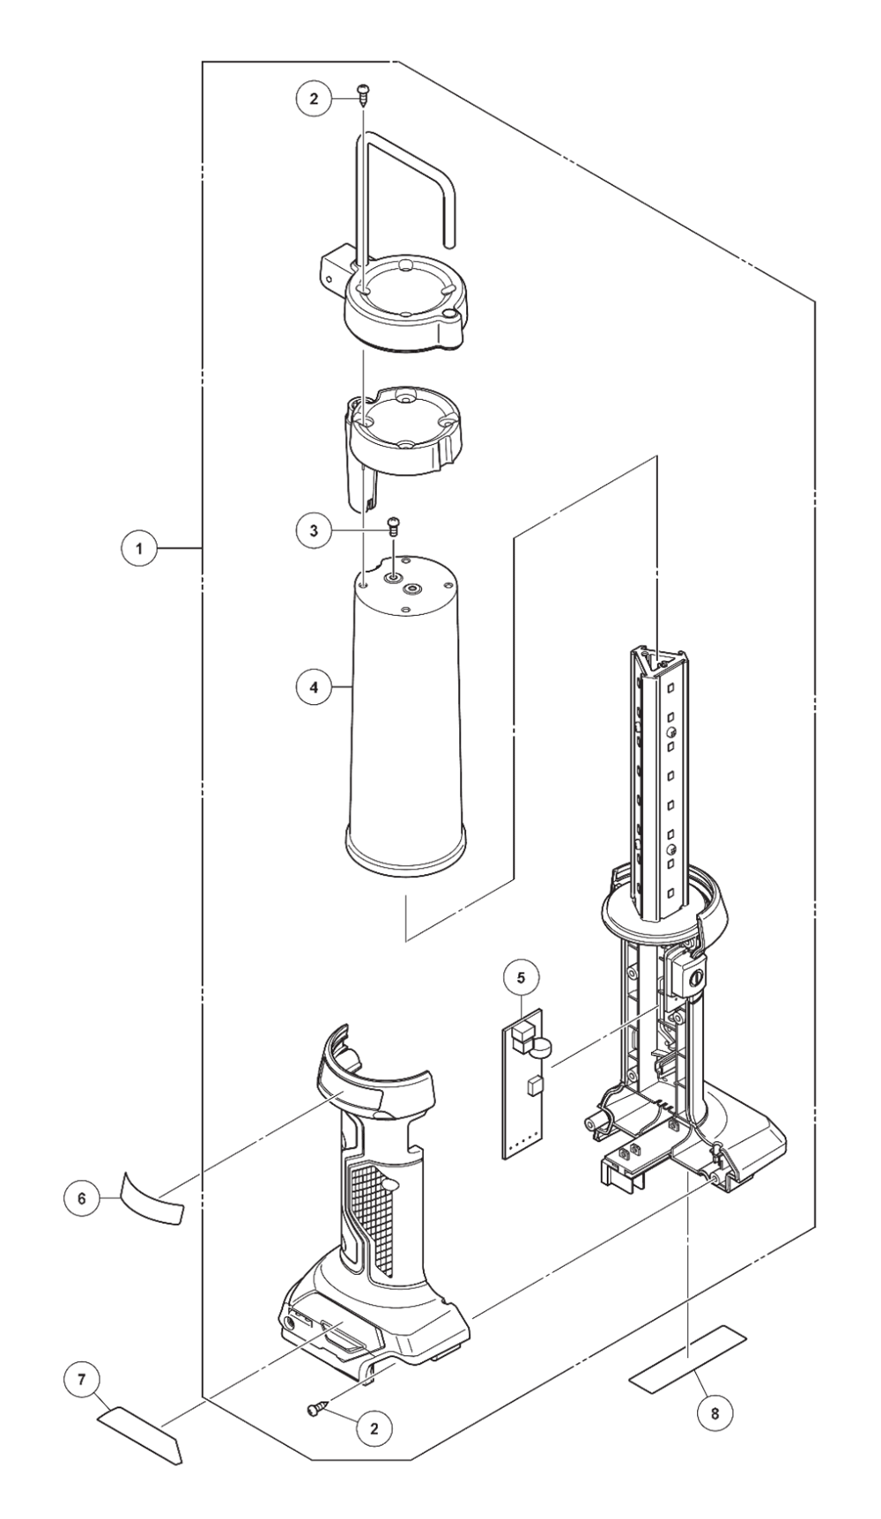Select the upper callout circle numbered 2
[x=313, y=99]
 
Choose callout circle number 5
[x=522, y=977]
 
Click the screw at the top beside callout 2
[x=362, y=93]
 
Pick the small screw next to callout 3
[x=394, y=527]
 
